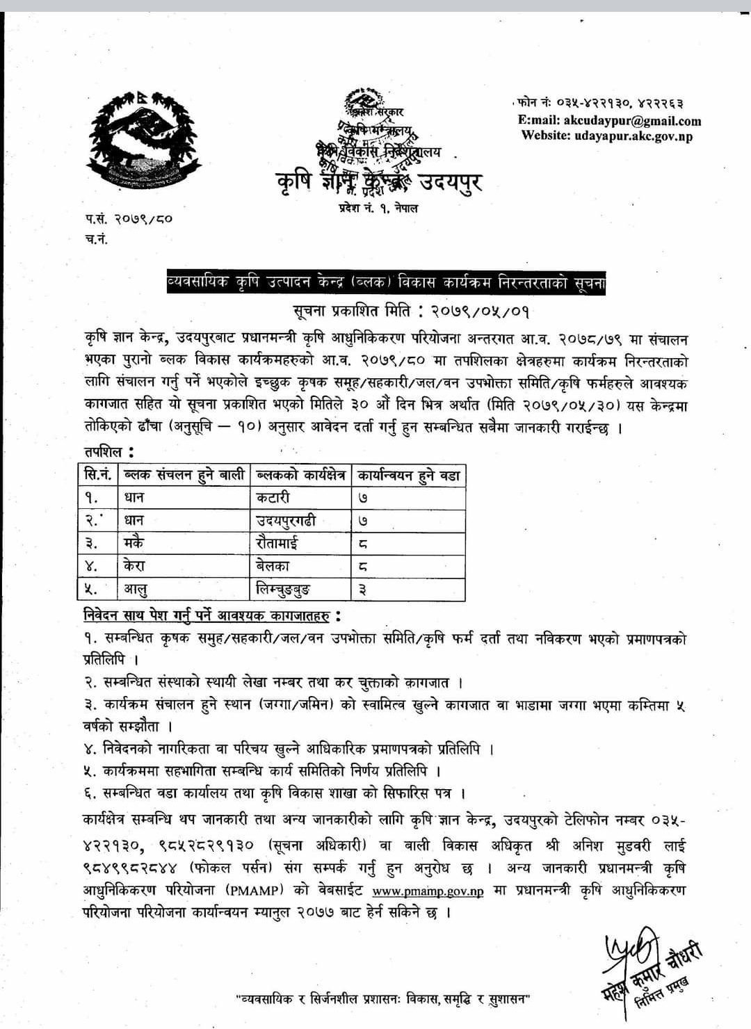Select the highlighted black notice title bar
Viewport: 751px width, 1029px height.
(x=386, y=284)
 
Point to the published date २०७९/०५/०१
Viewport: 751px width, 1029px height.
(x=476, y=311)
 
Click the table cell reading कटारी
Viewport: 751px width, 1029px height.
(x=273, y=498)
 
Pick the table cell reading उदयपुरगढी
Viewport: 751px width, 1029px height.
(x=286, y=520)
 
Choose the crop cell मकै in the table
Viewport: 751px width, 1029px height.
(x=134, y=542)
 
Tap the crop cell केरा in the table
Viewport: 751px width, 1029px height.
(x=134, y=565)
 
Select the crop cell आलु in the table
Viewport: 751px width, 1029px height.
(x=136, y=589)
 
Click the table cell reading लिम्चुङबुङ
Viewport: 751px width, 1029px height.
(x=282, y=589)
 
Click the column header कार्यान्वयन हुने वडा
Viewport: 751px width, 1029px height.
(x=408, y=476)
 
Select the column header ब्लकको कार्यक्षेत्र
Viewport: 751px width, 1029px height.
(x=301, y=476)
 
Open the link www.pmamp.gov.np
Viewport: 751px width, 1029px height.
(x=428, y=891)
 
